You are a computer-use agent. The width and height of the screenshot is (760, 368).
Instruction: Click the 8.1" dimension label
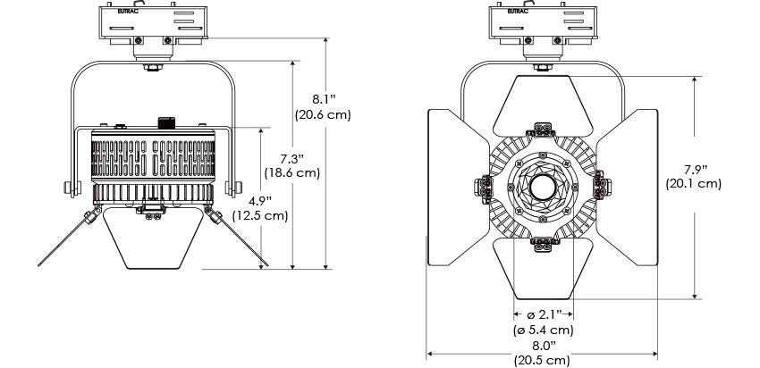tap(324, 99)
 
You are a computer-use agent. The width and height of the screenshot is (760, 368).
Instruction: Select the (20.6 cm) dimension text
tap(323, 114)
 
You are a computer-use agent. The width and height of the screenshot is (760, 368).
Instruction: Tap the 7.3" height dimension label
tap(292, 158)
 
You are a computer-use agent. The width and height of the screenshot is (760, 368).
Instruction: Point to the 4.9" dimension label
tap(260, 200)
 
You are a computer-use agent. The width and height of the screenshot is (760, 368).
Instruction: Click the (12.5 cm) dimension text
tap(260, 215)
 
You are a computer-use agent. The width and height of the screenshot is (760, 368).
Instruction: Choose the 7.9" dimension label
tap(696, 169)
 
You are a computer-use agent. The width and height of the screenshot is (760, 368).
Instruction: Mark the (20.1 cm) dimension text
tap(694, 184)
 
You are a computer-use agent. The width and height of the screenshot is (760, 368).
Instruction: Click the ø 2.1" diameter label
tap(544, 314)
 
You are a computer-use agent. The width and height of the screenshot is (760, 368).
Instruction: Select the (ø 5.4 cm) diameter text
tap(544, 330)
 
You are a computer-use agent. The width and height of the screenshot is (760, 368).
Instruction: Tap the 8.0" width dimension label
tap(544, 346)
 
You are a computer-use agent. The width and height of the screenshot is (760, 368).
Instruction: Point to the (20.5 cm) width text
tap(543, 360)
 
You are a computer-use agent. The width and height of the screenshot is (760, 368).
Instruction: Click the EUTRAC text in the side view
tap(128, 11)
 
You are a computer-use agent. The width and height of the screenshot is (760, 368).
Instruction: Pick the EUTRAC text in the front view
tap(518, 11)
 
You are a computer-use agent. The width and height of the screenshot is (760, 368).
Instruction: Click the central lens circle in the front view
tap(543, 188)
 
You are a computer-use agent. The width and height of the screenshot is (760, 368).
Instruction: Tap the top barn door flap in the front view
tap(543, 105)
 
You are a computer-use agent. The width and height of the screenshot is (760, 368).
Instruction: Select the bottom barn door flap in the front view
tap(543, 269)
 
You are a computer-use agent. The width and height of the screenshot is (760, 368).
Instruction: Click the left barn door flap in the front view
tap(458, 188)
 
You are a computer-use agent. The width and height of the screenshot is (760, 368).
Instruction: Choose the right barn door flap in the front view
tap(627, 188)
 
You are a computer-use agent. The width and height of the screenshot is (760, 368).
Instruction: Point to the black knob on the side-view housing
tap(166, 122)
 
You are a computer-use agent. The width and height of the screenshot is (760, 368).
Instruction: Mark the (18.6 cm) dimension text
tap(292, 173)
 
